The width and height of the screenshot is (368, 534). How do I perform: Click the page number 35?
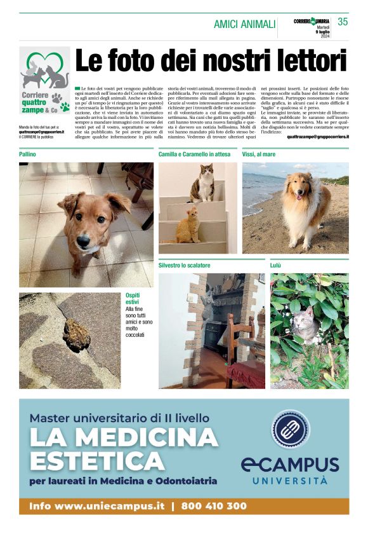pos(343,22)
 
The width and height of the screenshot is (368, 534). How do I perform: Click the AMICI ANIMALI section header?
pos(244,24)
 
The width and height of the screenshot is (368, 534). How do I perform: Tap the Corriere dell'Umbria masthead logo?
pos(312,21)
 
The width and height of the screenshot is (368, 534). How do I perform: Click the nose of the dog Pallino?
pos(83,242)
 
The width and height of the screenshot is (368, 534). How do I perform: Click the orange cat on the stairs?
pos(187,225)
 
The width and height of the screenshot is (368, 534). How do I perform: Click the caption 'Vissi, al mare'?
pos(259,154)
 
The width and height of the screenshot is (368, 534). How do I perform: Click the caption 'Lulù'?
pos(276,265)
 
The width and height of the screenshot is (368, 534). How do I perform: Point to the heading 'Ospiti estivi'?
pos(135,299)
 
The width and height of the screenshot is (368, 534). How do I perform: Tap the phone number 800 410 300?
pos(214,506)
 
